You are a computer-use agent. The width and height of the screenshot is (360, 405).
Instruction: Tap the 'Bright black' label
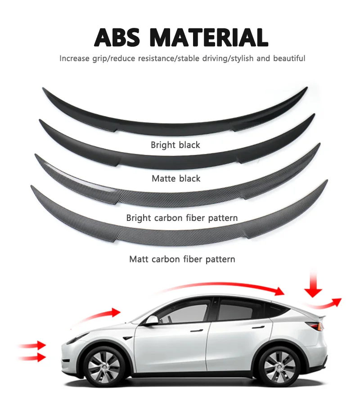coord(175,145)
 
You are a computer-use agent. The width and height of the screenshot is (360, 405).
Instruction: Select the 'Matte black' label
coord(176,179)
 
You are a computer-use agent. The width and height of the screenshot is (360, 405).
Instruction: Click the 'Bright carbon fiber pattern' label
coord(182,218)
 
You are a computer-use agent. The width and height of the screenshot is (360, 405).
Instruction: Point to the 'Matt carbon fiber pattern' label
coord(182,259)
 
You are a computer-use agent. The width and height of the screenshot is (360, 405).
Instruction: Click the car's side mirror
coord(152,320)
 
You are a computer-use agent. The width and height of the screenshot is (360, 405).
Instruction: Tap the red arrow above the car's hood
coord(103,314)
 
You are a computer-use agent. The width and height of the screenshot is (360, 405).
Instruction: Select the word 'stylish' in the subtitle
coord(256,58)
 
